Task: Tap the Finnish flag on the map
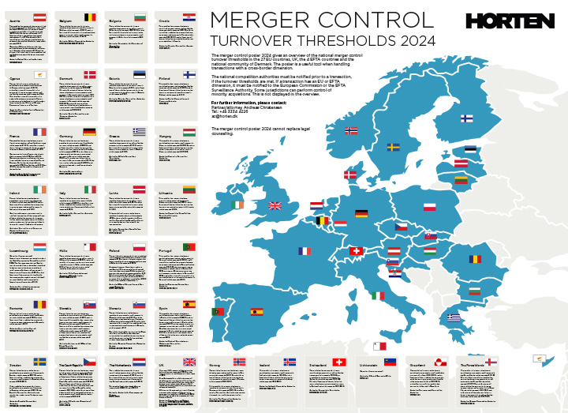(x=466, y=118)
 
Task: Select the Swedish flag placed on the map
(x=393, y=147)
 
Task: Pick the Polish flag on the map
(x=451, y=207)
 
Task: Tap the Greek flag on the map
(x=454, y=317)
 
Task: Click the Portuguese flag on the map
(x=217, y=312)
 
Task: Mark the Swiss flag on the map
(x=356, y=251)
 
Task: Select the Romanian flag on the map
(x=474, y=259)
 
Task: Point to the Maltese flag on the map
(x=379, y=346)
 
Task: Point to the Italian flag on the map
(x=379, y=295)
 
